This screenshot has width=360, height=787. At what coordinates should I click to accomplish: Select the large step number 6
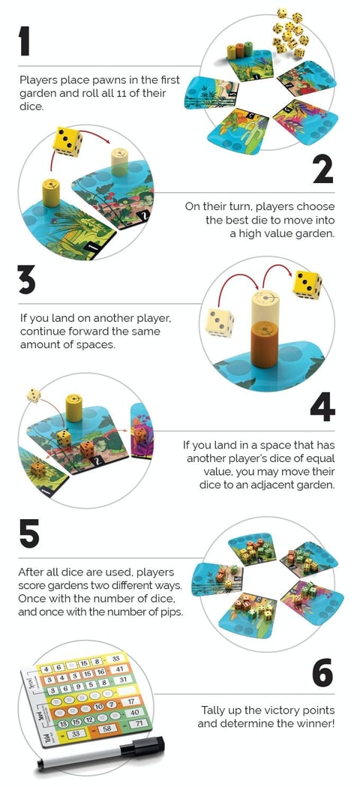[322, 674]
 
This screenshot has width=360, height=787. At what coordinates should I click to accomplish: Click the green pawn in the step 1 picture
[249, 51]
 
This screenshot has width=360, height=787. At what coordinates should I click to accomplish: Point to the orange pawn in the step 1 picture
[240, 51]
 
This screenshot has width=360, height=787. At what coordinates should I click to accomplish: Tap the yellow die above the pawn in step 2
[67, 142]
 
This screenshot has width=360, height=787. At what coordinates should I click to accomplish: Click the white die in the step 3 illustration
[220, 323]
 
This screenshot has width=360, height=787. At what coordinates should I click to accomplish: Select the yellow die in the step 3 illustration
[307, 284]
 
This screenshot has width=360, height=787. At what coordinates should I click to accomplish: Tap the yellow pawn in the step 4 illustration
[73, 407]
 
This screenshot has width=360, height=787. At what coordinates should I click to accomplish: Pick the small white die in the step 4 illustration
[34, 395]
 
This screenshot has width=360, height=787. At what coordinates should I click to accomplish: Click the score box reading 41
[119, 668]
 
